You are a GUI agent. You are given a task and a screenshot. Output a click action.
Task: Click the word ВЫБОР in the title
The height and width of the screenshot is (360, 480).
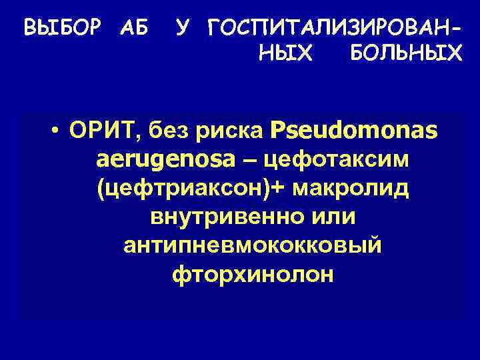(63, 29)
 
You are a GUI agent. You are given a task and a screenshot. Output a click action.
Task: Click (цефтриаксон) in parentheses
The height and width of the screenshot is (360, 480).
(183, 189)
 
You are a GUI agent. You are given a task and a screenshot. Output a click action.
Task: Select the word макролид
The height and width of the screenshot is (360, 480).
(348, 189)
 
